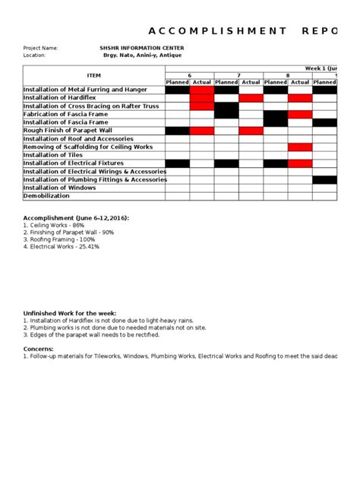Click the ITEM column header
coord(93,75)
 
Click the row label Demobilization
coord(49,196)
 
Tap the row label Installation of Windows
coord(60,188)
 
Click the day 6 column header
coord(189,74)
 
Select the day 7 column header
coord(238,74)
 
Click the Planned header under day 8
coord(275,82)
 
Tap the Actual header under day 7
coord(251,82)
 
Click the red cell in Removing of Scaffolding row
coord(299,147)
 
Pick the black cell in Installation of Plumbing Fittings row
coord(324,179)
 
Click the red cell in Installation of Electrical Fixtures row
coord(299,163)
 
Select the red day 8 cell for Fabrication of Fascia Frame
coord(299,114)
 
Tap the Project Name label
coord(41,48)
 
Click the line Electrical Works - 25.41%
coord(62,247)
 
